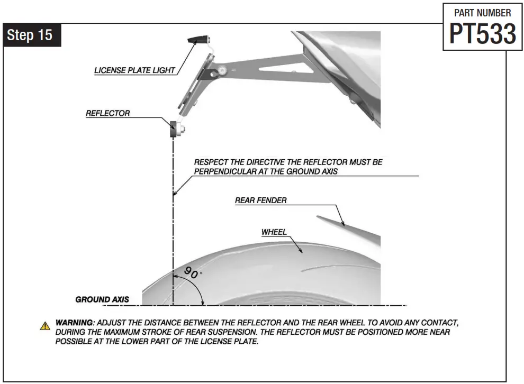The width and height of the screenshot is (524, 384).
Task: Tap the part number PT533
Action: point(482,34)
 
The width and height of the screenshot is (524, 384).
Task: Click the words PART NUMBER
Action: point(483,13)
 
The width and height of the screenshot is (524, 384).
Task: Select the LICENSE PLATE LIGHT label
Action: point(134,70)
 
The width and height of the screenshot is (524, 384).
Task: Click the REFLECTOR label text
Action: point(107,113)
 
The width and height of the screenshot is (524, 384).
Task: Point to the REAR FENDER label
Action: point(260,200)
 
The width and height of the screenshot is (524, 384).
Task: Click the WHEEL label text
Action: point(274,232)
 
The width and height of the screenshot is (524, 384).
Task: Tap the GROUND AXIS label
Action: point(102,299)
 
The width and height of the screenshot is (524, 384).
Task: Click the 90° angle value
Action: point(192,273)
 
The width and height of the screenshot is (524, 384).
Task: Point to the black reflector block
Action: point(173,129)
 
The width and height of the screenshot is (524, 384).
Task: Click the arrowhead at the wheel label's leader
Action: point(301,252)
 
